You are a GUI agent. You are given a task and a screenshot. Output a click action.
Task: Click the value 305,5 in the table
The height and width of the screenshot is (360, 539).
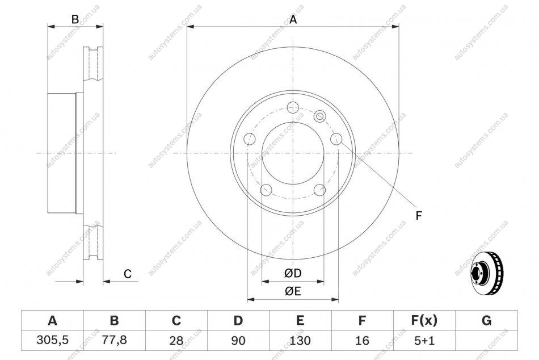53,340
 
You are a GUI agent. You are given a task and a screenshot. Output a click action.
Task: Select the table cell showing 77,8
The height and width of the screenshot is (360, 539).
115,340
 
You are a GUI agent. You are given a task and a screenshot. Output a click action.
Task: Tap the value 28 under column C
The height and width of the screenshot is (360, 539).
176,340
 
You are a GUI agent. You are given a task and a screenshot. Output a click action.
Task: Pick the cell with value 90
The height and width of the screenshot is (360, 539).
238,340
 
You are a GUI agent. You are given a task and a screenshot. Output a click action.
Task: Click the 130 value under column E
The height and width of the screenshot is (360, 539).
300,340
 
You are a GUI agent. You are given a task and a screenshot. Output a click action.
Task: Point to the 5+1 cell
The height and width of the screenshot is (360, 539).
424,340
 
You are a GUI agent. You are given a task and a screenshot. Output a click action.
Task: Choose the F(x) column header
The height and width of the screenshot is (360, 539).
424,320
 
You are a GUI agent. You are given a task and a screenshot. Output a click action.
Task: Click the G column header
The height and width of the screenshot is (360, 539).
486,320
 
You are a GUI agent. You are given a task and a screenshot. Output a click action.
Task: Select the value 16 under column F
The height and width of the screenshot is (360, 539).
362,340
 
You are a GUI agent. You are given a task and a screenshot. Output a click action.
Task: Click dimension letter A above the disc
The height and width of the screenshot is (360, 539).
293,20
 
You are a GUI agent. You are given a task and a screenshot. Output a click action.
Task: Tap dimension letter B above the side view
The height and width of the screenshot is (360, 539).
75,20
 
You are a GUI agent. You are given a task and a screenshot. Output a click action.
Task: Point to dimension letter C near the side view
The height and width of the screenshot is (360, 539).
128,274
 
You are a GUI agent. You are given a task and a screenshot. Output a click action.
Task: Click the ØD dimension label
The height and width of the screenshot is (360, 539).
293,273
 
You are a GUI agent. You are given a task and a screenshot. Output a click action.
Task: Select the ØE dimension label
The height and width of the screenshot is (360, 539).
293,291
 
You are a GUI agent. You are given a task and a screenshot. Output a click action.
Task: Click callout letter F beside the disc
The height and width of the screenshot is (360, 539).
418,216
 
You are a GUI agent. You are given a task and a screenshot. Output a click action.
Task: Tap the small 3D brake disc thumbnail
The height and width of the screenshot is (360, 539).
486,272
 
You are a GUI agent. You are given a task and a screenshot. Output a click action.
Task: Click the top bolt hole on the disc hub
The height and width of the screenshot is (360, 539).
293,107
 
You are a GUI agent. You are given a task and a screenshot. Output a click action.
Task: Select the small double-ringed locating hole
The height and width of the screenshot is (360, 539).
319,116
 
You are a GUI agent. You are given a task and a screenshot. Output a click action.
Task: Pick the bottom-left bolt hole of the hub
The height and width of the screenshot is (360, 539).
267,190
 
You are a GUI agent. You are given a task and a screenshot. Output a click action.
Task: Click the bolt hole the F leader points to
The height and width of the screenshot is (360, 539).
336,139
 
